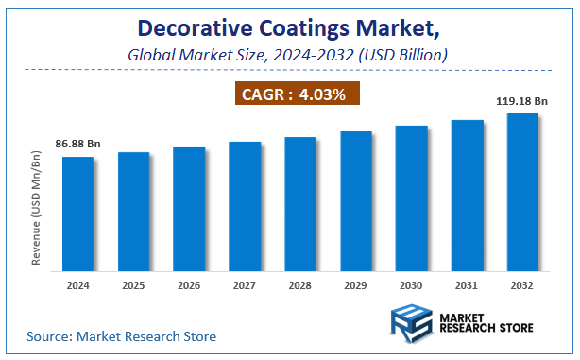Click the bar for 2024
coord(77,213)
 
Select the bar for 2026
coord(189,208)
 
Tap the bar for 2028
coord(300,203)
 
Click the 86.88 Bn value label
coord(77,144)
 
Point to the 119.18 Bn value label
coord(522,100)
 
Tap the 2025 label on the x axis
coord(133,283)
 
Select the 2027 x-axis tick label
coord(245,283)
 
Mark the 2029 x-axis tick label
coord(356,283)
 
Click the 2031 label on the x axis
coord(467,283)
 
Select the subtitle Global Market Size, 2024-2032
coord(290,55)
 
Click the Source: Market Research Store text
coord(122,335)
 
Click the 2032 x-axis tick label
coord(522,283)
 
